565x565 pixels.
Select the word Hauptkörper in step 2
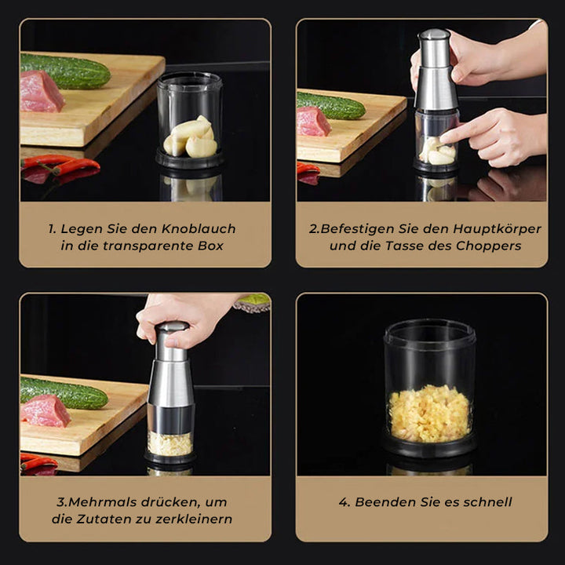tap(496, 229)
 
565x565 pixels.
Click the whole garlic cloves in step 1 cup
tap(190, 137)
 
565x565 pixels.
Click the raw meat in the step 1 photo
tap(40, 93)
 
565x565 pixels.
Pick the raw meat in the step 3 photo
tap(45, 410)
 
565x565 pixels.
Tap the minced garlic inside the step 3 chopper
tap(170, 443)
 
